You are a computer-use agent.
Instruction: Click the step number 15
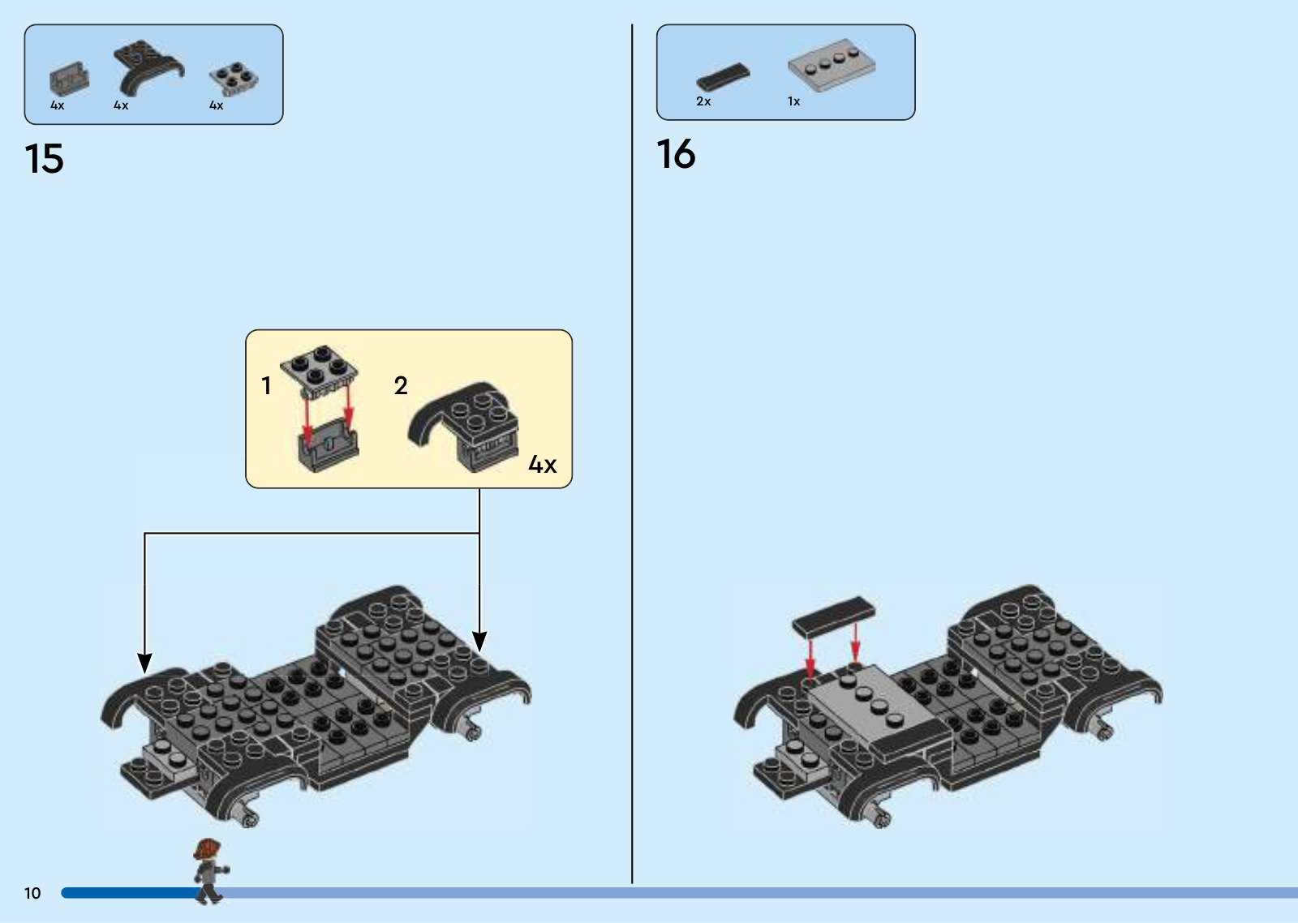[x=44, y=158]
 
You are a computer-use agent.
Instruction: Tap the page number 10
[x=32, y=893]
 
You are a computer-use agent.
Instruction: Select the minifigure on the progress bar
[x=210, y=871]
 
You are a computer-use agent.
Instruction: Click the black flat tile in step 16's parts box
[x=723, y=76]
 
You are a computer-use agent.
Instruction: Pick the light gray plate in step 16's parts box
[x=832, y=65]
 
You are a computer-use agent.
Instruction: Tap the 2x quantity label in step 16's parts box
[x=703, y=101]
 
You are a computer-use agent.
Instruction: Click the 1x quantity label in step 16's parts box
[x=793, y=101]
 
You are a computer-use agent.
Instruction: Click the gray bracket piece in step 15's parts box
[x=70, y=79]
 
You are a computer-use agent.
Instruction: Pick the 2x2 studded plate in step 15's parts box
[x=234, y=78]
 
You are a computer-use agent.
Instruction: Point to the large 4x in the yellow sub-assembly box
[x=543, y=464]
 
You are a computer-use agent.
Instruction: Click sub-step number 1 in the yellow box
[x=267, y=385]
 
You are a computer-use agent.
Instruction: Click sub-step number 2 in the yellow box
[x=401, y=385]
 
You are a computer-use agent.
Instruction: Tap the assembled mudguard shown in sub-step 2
[x=463, y=427]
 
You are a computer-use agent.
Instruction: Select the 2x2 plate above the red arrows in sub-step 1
[x=319, y=371]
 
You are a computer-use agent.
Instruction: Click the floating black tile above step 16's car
[x=833, y=616]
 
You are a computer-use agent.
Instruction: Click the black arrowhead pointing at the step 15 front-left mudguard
[x=144, y=663]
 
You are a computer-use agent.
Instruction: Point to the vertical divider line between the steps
[x=632, y=453]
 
